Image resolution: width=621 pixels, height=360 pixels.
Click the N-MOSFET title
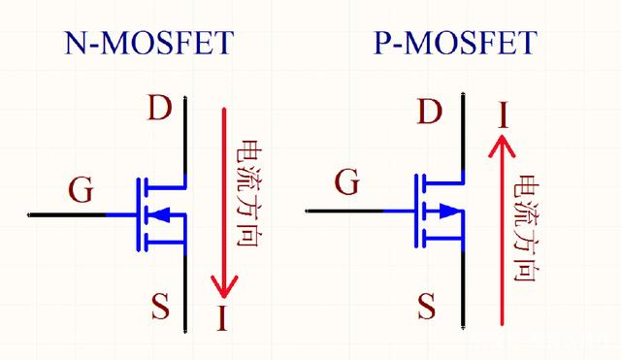click(149, 44)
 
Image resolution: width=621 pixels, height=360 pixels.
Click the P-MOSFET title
click(454, 44)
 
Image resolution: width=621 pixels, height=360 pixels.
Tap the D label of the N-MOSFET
click(160, 108)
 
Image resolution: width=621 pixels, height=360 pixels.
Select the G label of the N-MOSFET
click(82, 190)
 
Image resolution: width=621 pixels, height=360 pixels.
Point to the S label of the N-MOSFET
click(160, 308)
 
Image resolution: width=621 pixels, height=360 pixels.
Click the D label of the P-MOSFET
click(428, 114)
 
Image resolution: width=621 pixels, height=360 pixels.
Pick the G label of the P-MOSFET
click(347, 180)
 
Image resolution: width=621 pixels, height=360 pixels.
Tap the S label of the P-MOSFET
click(426, 308)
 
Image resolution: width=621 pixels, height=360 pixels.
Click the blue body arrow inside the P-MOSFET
click(446, 211)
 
